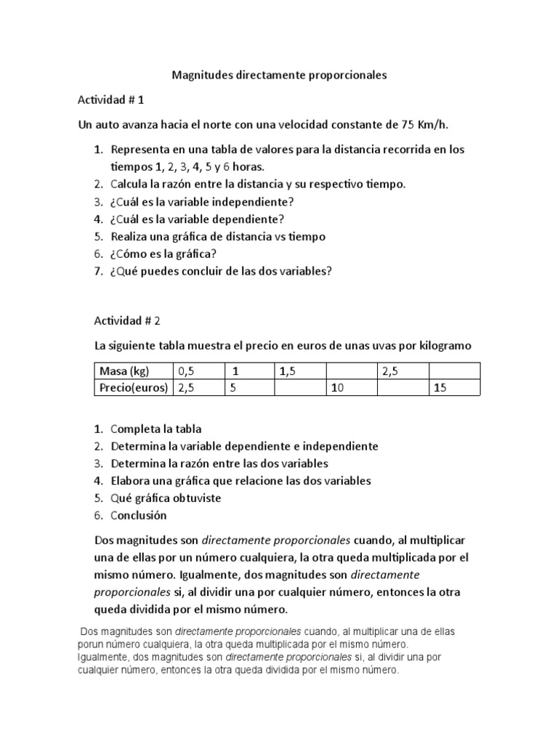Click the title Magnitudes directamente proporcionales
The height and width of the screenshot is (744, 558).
(x=279, y=74)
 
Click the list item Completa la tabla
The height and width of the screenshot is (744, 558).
(x=156, y=429)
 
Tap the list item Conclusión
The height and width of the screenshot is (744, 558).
(x=139, y=516)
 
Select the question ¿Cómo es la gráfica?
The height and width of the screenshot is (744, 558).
(x=164, y=254)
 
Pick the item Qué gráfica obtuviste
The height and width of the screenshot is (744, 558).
(x=166, y=498)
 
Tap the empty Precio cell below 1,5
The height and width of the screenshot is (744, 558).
(x=300, y=388)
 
